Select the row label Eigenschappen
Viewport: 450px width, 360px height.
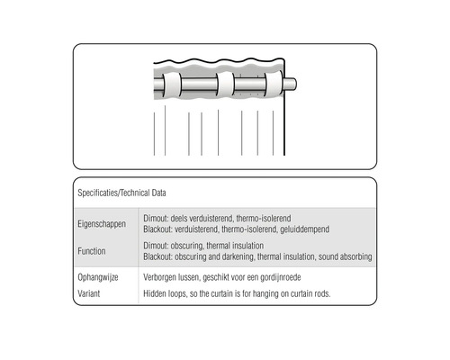(x=103, y=221)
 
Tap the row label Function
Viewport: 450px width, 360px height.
(x=94, y=249)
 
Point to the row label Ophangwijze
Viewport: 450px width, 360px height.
(x=100, y=278)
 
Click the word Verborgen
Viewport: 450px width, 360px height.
(x=162, y=278)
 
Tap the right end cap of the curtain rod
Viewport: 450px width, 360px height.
(x=292, y=85)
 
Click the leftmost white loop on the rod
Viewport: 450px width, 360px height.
(x=169, y=86)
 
